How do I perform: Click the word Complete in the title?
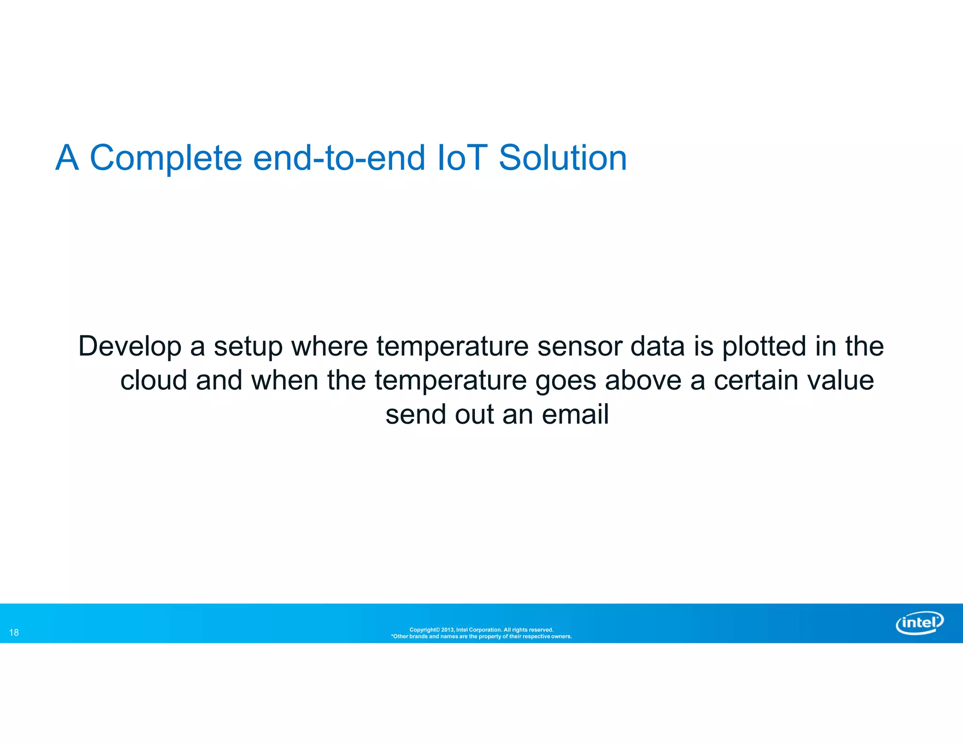pos(166,158)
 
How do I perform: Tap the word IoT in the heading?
pos(462,158)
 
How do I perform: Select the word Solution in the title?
pos(562,158)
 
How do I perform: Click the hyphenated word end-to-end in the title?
pos(339,158)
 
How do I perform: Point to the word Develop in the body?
pos(130,347)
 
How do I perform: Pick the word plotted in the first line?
pos(764,347)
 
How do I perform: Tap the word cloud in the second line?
pos(154,380)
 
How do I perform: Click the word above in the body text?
pos(643,380)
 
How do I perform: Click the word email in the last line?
pos(575,415)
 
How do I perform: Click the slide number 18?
pos(14,633)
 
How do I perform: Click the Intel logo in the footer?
pos(919,623)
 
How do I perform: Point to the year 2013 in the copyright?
pos(447,630)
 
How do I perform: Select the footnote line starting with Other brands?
pos(481,637)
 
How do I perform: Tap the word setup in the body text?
pos(248,347)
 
